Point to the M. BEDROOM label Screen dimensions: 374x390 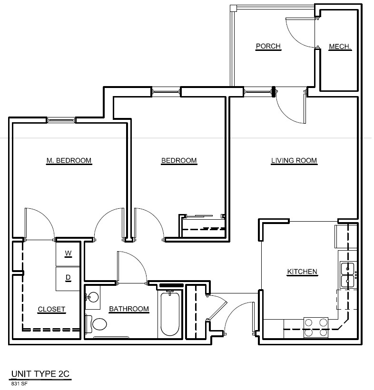(x=69, y=161)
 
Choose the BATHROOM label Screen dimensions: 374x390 (x=129, y=310)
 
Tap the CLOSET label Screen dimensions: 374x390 (x=52, y=310)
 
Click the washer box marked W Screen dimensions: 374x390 (x=68, y=254)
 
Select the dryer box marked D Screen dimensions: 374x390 (x=68, y=279)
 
